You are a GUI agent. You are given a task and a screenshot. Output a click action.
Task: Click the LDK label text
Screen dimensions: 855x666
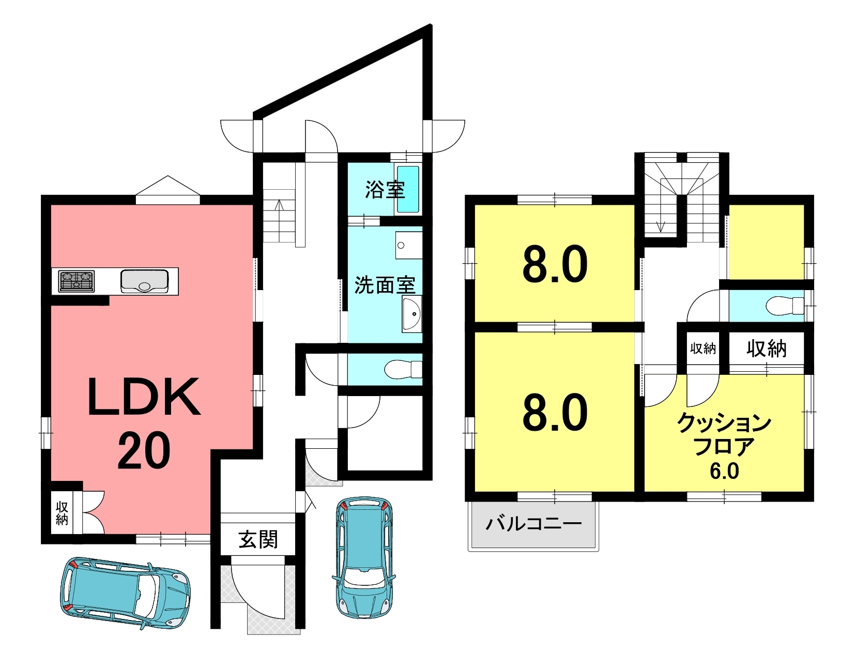pyautogui.click(x=144, y=397)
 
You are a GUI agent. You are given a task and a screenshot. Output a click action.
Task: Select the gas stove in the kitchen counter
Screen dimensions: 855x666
pyautogui.click(x=77, y=281)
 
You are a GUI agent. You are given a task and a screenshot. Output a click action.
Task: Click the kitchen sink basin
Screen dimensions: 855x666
pyautogui.click(x=144, y=281)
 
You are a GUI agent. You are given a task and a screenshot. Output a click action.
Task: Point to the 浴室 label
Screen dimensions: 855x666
pyautogui.click(x=385, y=190)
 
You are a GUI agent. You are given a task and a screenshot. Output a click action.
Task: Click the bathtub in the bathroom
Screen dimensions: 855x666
pyautogui.click(x=408, y=189)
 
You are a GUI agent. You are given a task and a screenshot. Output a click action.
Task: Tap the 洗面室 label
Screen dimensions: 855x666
pyautogui.click(x=385, y=285)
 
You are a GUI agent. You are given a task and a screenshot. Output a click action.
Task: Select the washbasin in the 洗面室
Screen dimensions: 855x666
pyautogui.click(x=411, y=314)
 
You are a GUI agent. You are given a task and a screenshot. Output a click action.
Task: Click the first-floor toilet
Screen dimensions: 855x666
pyautogui.click(x=403, y=369)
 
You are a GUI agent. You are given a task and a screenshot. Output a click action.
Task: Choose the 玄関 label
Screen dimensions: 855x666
pyautogui.click(x=258, y=539)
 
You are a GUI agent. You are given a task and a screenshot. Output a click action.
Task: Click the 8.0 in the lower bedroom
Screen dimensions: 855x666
pyautogui.click(x=555, y=412)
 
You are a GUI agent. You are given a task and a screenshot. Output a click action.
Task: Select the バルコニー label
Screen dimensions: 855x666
pyautogui.click(x=533, y=524)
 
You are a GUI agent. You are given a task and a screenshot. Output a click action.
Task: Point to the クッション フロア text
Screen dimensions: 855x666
pyautogui.click(x=724, y=434)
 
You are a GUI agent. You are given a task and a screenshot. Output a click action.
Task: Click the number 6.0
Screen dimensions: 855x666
pyautogui.click(x=724, y=471)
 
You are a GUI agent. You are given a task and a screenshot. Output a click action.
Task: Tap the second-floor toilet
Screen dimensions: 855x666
pyautogui.click(x=785, y=306)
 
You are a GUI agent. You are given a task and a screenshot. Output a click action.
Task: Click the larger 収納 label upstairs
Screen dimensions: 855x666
pyautogui.click(x=767, y=349)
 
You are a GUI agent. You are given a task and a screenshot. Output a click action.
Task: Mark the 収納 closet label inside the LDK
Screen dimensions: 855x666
pyautogui.click(x=62, y=513)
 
